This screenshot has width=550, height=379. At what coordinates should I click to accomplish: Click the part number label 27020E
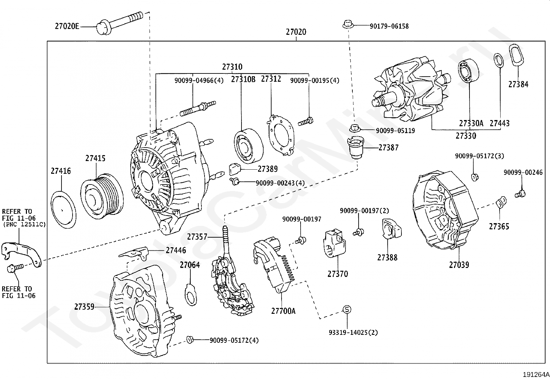tap(67, 26)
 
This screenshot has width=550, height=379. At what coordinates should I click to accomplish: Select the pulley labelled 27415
tap(101, 196)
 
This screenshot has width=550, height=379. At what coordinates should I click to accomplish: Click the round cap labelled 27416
tap(63, 209)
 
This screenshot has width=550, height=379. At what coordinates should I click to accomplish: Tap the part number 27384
tap(518, 84)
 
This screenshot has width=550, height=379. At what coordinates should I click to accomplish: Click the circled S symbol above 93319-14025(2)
tap(347, 309)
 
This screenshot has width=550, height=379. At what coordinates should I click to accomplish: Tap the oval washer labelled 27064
tap(190, 294)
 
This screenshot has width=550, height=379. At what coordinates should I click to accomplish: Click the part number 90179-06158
tap(389, 26)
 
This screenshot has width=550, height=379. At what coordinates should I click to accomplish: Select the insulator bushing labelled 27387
tap(355, 147)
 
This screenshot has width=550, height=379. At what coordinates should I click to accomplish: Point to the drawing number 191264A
tap(535, 375)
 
